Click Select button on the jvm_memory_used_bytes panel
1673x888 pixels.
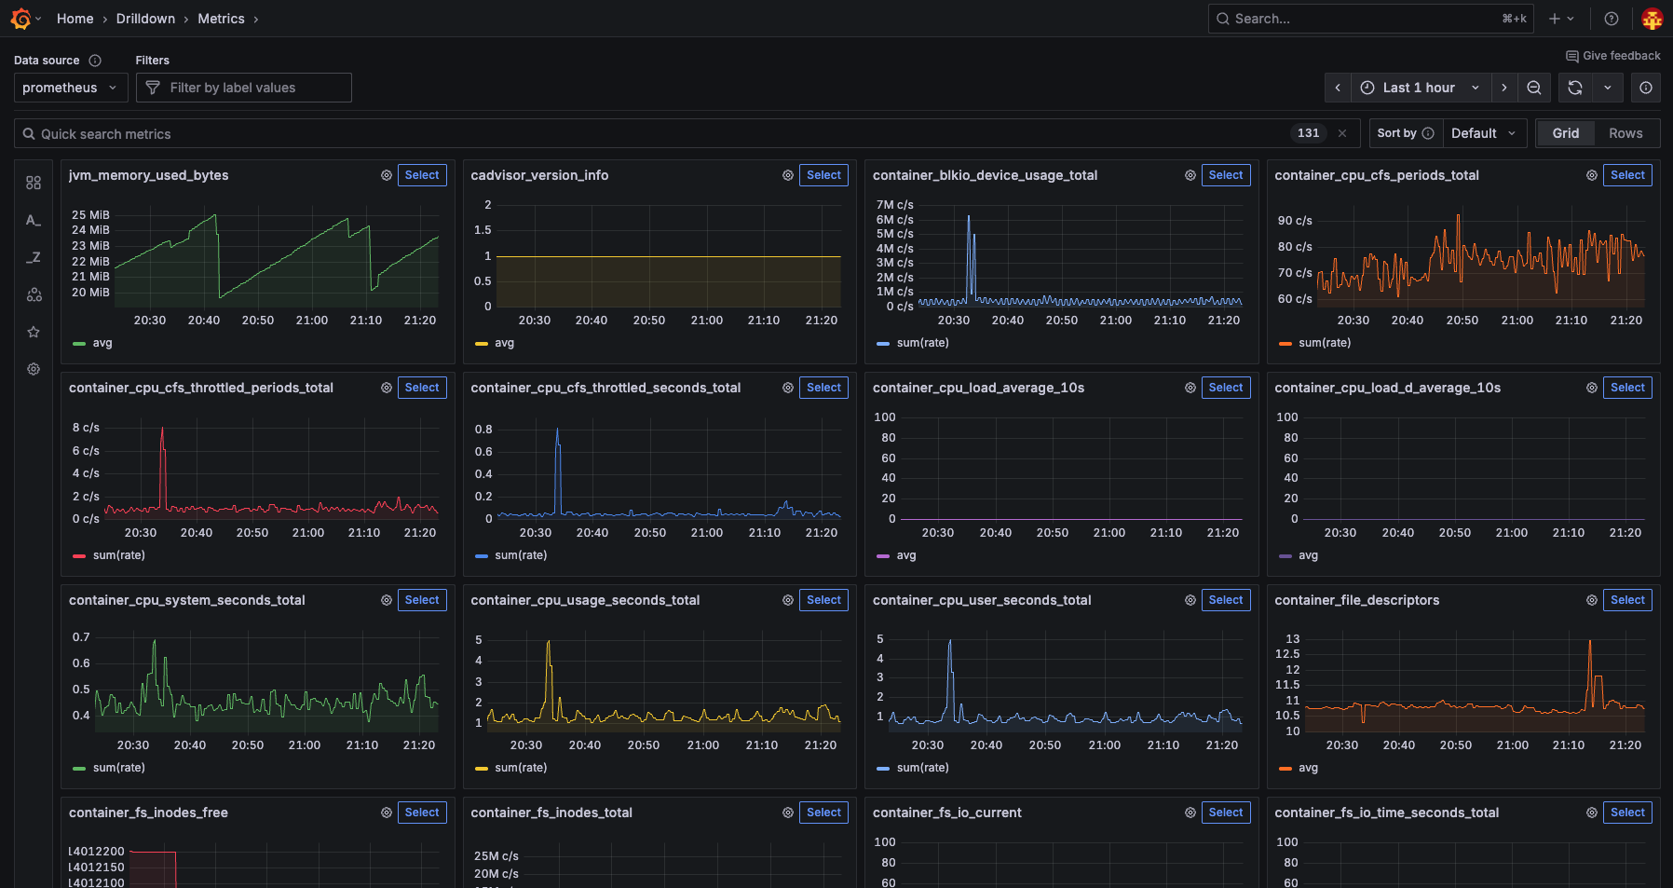[422, 175]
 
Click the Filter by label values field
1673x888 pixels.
[244, 88]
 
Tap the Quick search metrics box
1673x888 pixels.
[652, 133]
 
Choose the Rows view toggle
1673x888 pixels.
[1625, 133]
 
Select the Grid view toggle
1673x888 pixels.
[1565, 133]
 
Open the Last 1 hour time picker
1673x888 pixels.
[1419, 88]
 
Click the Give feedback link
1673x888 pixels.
[1613, 56]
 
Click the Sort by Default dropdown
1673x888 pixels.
[1483, 133]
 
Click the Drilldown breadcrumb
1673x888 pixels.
[145, 19]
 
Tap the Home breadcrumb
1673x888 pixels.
[75, 19]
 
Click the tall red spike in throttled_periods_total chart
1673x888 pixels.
[162, 430]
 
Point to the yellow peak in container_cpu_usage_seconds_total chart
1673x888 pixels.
[549, 643]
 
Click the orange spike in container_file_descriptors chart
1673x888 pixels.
[1589, 642]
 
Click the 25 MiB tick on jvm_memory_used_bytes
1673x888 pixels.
[90, 215]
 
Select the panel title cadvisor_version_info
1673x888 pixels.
[539, 175]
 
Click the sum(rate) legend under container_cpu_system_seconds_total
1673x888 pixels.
[118, 768]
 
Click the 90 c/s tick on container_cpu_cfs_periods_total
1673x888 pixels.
[1294, 221]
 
